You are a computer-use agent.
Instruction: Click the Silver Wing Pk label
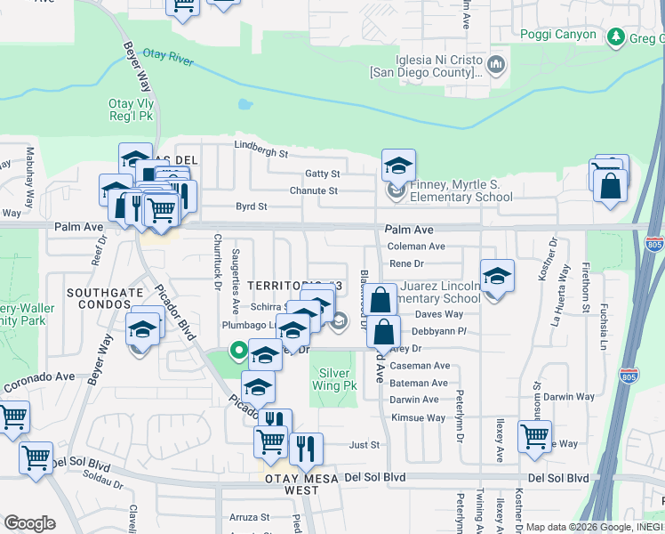333,380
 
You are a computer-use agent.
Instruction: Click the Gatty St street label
323,174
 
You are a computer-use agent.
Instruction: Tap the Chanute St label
313,190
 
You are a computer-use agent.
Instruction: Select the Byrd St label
251,206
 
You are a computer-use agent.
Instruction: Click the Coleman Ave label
416,247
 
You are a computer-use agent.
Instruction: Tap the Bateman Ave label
419,383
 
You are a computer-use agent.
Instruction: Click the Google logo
29,522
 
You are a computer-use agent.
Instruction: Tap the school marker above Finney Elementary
399,164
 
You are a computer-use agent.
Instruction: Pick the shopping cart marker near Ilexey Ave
534,436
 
